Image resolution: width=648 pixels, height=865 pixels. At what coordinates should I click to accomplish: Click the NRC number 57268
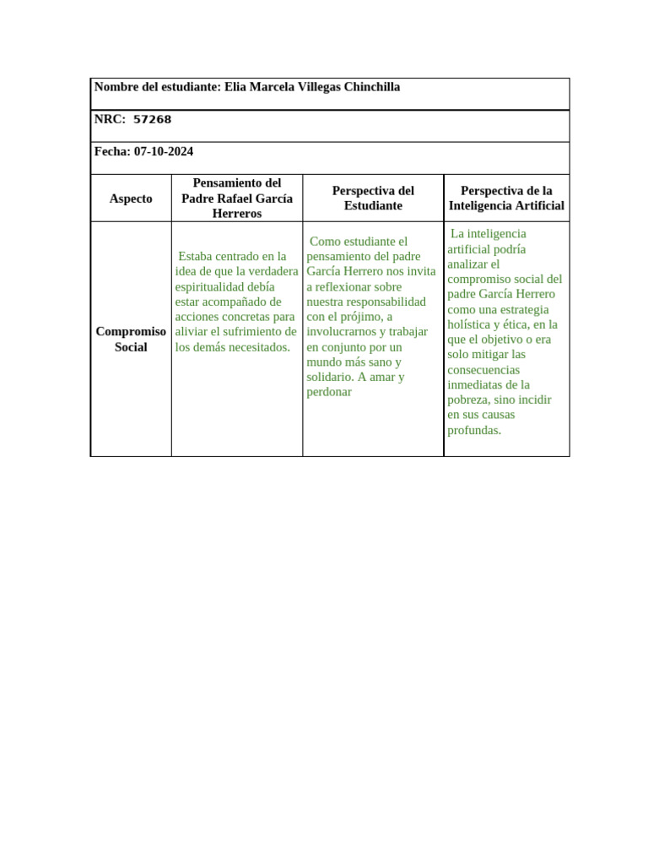tap(152, 119)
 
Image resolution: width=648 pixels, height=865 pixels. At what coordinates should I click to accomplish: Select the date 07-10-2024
tap(164, 151)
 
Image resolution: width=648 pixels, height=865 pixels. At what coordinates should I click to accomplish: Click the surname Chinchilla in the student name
tap(367, 87)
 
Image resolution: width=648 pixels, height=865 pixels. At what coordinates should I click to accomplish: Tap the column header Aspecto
tap(131, 199)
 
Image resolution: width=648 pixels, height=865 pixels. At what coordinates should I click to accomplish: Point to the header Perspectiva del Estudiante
tap(373, 199)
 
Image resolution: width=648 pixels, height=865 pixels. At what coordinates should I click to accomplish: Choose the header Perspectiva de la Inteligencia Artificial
tap(506, 199)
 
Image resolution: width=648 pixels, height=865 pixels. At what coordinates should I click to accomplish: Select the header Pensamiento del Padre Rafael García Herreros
tap(237, 199)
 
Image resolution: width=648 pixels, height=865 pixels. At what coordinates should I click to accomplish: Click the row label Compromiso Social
tap(131, 340)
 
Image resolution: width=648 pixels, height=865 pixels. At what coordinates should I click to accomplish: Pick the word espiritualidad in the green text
tap(212, 286)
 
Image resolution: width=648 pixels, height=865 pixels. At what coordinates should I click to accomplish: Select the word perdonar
tap(329, 393)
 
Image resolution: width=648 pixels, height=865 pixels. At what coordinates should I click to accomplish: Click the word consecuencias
tap(483, 370)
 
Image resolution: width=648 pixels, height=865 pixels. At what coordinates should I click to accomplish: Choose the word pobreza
tap(467, 400)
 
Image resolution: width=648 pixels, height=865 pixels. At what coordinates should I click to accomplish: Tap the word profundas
tap(474, 430)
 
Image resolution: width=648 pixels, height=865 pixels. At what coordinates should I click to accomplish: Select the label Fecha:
tap(112, 151)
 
